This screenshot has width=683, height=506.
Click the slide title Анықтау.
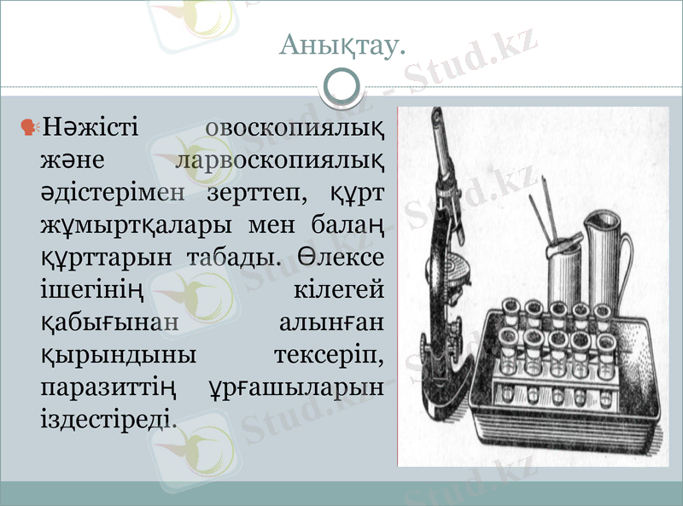pos(341,47)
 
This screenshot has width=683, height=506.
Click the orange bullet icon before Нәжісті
pos(30,128)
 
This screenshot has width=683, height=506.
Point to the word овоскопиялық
pos(295,130)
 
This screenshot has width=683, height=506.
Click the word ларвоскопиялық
pos(277,161)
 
